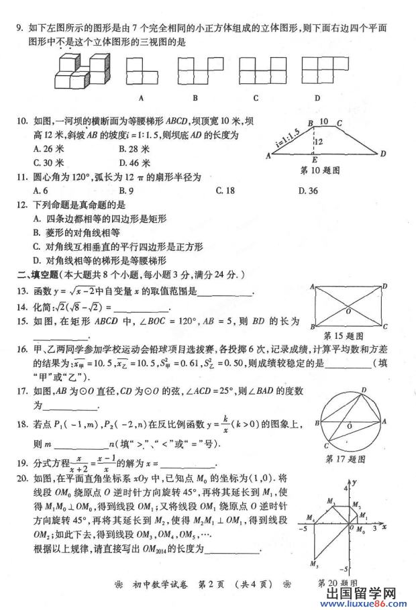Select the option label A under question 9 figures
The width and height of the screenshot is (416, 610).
click(x=142, y=97)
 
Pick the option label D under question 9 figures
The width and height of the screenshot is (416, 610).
click(x=317, y=97)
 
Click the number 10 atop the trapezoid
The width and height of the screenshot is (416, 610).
click(x=324, y=122)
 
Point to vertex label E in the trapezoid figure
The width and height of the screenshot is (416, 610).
click(x=314, y=160)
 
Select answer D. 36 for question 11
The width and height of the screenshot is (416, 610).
click(x=308, y=191)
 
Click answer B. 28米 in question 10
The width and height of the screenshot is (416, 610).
click(x=133, y=149)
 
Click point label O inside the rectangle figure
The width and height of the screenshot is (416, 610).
click(x=348, y=311)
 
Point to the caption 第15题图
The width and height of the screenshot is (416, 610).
click(x=344, y=336)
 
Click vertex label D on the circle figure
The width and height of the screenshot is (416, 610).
click(x=364, y=389)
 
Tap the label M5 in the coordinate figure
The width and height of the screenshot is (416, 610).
click(x=313, y=564)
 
